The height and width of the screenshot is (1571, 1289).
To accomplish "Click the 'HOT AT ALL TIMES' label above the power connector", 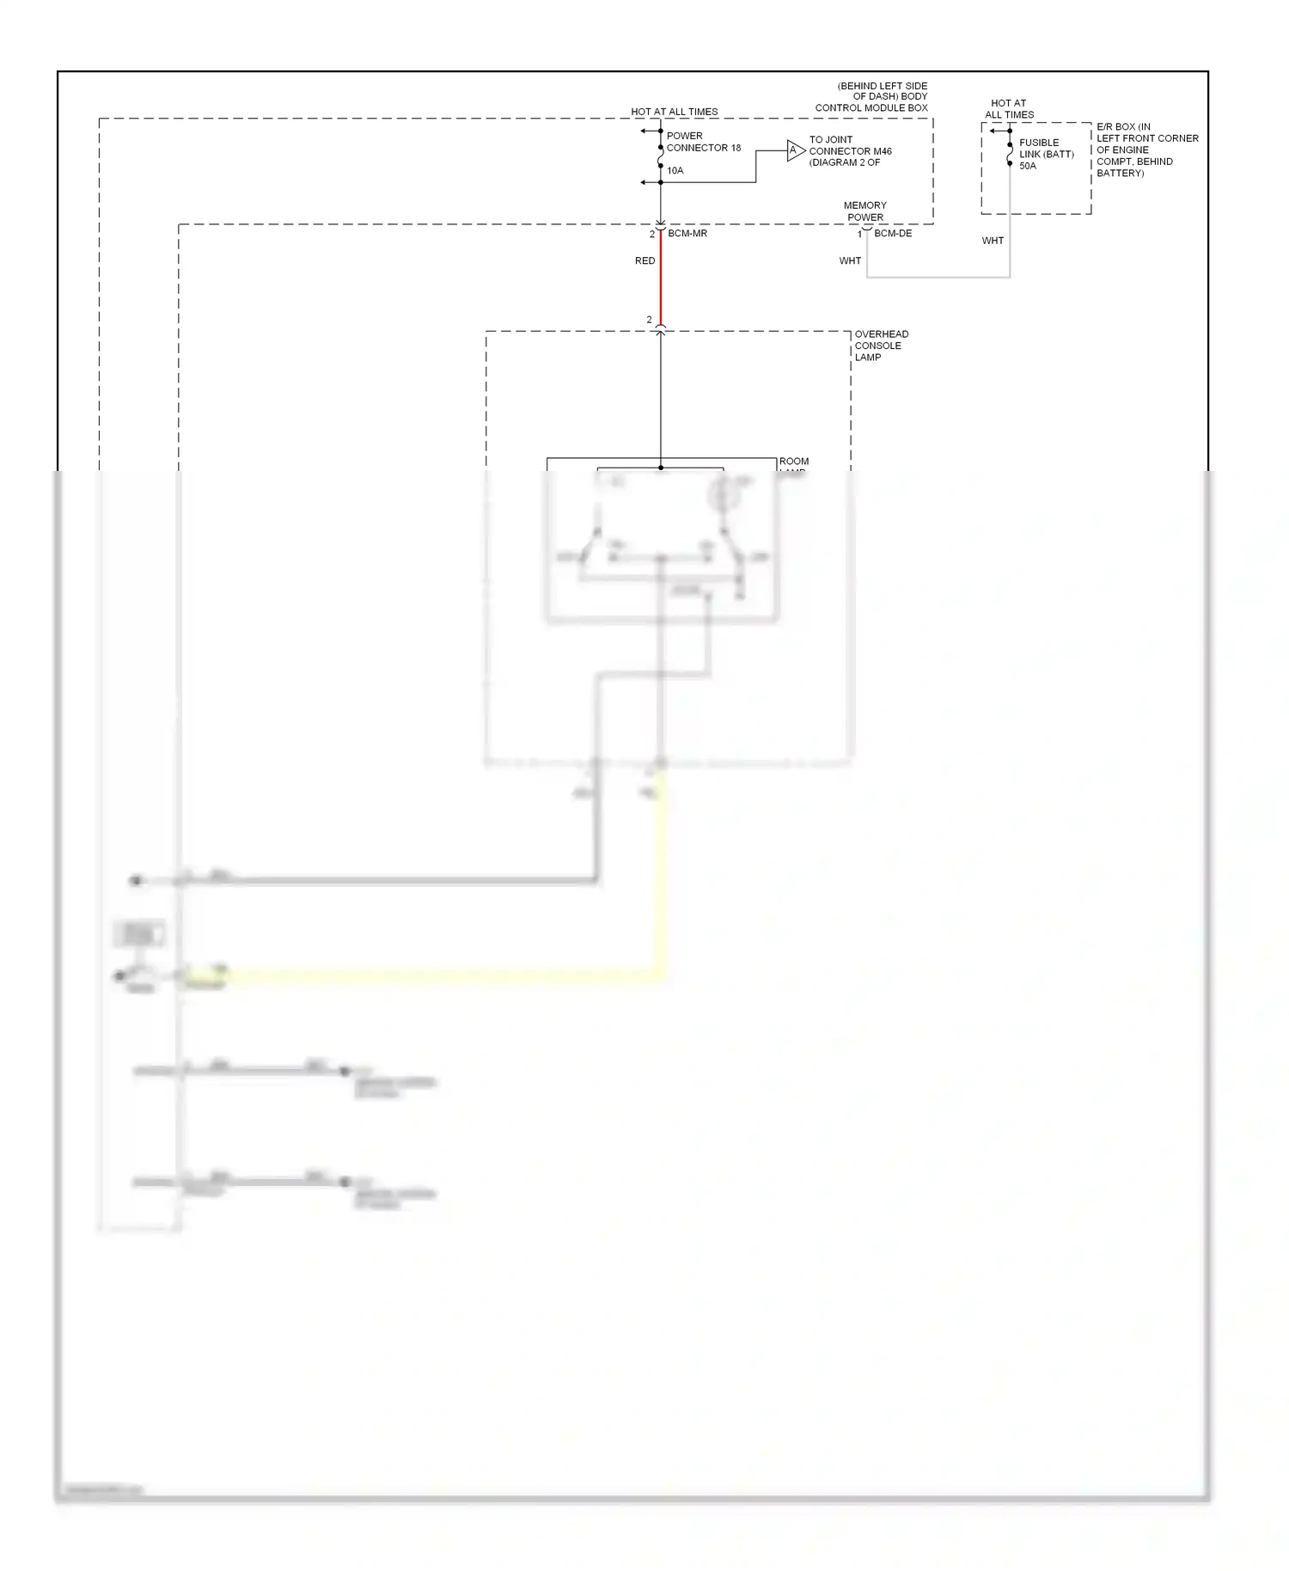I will pos(674,112).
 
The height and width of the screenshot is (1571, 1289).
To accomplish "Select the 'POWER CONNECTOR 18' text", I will pos(703,142).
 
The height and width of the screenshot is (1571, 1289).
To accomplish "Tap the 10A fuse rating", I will pos(675,171).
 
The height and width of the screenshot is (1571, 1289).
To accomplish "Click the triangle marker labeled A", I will pos(794,151).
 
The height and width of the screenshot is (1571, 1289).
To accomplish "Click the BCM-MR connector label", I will pos(687,234).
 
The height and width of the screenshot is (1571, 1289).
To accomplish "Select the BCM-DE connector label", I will pos(893,234).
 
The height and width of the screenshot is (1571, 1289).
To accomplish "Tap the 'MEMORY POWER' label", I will pos(864,211).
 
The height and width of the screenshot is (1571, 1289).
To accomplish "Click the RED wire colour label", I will pos(644,261).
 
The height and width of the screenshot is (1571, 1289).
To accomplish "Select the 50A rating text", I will pos(1028,166).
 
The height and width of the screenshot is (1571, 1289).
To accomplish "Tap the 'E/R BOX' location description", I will pos(1146,150).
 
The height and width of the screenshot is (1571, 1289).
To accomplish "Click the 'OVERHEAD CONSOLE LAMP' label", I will pos(881,345).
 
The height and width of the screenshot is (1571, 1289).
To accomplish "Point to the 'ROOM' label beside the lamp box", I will pos(794,462).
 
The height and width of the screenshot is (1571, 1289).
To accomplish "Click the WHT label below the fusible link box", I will pos(993,241).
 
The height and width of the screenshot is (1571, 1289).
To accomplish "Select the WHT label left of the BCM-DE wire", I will pos(850,261).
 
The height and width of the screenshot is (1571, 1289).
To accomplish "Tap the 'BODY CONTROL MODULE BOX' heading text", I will pos(871,97).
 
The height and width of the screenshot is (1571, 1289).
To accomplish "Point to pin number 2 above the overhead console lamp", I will pos(649,320).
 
